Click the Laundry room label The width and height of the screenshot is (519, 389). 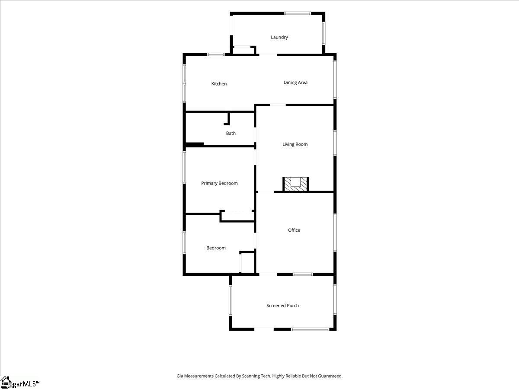point(279,37)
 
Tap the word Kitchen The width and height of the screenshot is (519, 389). point(219,84)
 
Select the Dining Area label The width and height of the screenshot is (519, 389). point(295,83)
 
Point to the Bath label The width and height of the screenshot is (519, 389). point(231,133)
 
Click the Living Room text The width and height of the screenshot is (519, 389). point(295,144)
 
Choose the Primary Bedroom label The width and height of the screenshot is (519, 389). point(219,183)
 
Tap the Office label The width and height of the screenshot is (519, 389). point(294,230)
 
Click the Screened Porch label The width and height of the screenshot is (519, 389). point(282,306)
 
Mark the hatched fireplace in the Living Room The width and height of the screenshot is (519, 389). point(295,184)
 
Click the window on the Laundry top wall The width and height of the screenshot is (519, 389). point(298,13)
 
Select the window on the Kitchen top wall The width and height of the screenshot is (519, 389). point(216,54)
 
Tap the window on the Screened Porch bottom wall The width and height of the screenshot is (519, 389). point(310,329)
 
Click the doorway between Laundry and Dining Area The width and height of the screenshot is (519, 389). point(268,55)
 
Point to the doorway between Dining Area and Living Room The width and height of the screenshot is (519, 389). point(278,105)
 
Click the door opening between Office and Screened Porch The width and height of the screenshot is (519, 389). point(268,274)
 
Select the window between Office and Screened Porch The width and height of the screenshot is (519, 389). point(303,274)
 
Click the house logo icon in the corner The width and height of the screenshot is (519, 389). point(5,383)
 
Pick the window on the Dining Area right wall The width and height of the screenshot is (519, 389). point(335,80)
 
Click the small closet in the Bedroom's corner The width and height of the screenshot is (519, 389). point(247,262)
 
